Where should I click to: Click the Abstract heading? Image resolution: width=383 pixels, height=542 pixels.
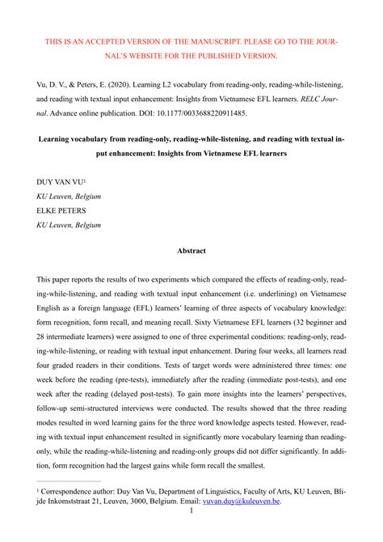191,251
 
